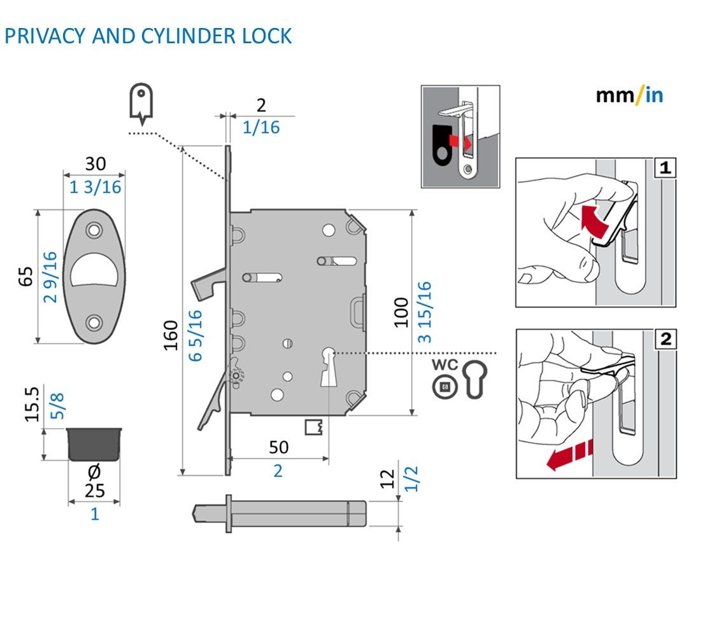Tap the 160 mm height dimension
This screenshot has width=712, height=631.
[171, 335]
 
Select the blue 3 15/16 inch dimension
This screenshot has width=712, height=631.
[424, 312]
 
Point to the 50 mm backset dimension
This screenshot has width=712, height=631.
[278, 447]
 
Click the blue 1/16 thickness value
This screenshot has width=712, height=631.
[261, 127]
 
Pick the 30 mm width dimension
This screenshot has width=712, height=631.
[96, 163]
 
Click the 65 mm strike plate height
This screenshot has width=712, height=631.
[26, 277]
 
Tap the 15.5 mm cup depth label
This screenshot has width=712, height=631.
[32, 404]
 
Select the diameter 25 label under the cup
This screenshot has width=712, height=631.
[94, 482]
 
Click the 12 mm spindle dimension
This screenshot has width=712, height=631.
[387, 479]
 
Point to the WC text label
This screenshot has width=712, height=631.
[445, 364]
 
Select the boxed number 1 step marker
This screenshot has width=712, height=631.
[666, 168]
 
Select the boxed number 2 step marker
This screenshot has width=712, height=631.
[666, 339]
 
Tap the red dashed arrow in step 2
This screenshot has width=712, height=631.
[569, 455]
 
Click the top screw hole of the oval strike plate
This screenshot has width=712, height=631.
[94, 230]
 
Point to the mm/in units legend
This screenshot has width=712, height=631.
[629, 95]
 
